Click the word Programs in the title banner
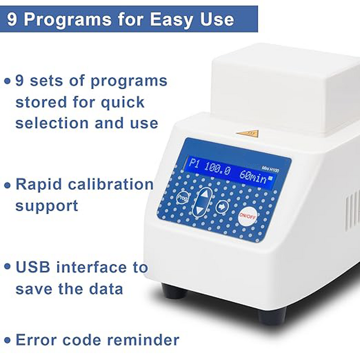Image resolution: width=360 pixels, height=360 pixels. [x=87, y=19]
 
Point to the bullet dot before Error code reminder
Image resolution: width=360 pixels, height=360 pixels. [x=7, y=340]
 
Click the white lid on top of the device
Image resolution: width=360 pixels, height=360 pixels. [x=283, y=85]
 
